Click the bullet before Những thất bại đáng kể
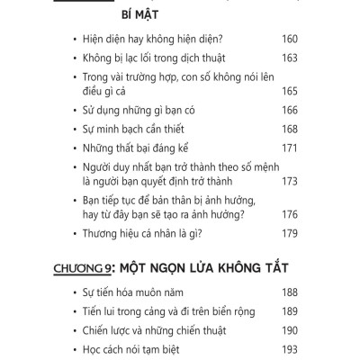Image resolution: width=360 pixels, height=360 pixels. pos(72,145)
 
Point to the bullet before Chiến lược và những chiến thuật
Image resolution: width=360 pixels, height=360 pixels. pos(72,329)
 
